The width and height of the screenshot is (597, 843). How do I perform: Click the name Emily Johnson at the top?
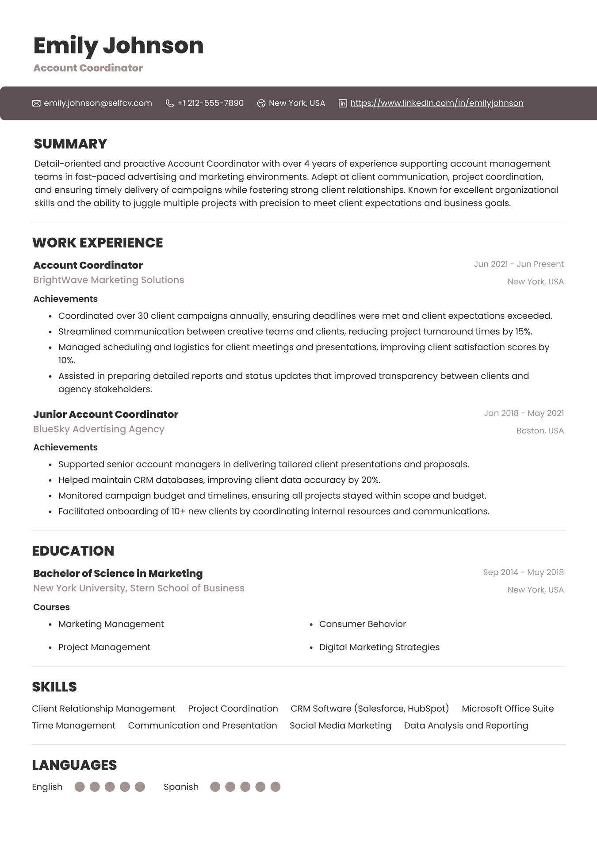118,46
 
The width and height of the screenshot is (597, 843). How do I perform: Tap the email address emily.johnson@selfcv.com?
98,103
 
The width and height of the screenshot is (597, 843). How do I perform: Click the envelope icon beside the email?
36,103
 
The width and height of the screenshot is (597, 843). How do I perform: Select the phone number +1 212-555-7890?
210,103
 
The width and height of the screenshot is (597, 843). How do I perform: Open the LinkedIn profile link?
436,103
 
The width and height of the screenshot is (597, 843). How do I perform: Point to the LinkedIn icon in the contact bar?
343,103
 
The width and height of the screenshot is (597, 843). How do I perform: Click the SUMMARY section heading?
70,144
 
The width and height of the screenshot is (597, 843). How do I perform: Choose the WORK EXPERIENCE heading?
97,243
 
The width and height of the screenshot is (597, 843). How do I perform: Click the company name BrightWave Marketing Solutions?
108,280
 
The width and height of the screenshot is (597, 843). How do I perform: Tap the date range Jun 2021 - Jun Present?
518,264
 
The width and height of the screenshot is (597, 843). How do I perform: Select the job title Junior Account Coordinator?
106,414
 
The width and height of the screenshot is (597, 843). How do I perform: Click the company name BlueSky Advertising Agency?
99,429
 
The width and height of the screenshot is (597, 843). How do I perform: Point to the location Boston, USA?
540,431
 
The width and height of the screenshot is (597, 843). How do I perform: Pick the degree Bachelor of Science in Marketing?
118,573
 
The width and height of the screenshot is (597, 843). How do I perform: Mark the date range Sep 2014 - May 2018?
523,572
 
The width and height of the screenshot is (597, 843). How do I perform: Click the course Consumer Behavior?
362,624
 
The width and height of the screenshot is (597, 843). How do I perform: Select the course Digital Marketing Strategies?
379,647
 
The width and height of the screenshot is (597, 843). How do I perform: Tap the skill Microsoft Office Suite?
507,708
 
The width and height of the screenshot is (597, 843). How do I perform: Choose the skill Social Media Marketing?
340,725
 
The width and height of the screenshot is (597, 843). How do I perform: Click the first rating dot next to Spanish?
215,787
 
